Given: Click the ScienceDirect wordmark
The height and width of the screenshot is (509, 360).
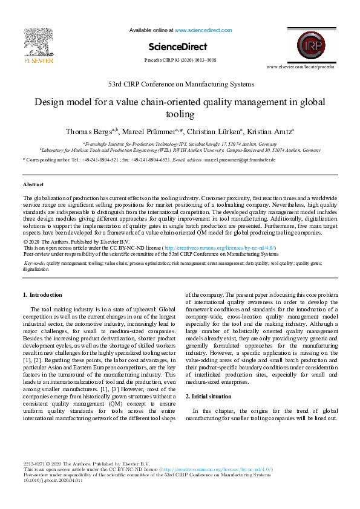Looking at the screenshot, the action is coord(177,47).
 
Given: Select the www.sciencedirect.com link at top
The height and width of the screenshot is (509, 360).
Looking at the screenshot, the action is coord(203,30).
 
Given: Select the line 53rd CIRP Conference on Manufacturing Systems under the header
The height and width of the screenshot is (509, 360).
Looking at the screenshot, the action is coord(181,84).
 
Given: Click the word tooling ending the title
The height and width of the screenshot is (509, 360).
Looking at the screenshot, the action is coord(180,114).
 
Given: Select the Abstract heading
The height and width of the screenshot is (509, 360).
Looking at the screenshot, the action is coord(33,184).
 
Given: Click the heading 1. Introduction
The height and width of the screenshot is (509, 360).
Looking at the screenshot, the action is coord(42,295).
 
